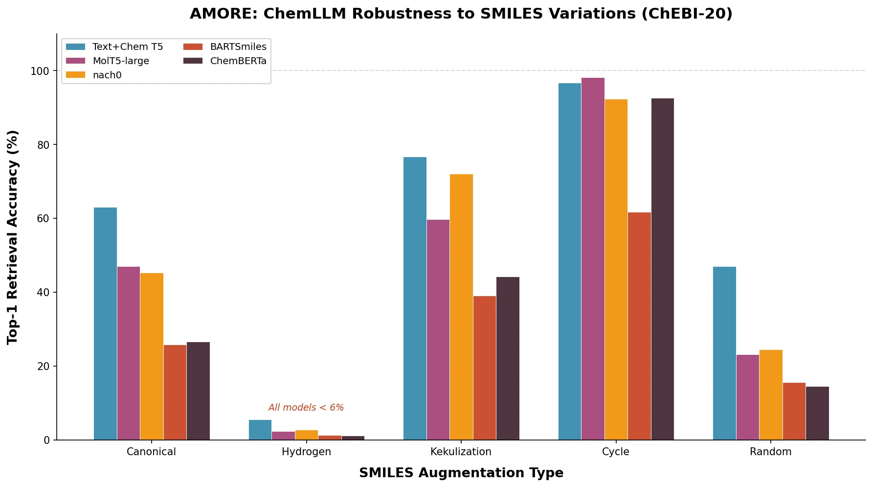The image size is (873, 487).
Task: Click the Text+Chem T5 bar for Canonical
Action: pos(105,324)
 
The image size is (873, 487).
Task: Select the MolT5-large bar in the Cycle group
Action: pos(593,259)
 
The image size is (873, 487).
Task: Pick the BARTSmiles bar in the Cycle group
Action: pos(639,326)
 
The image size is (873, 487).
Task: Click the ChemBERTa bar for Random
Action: pos(817,413)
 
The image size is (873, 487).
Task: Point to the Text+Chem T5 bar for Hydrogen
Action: pos(260,430)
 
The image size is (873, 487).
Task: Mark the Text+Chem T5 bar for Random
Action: pos(724,353)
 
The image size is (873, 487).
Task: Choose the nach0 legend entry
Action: pos(107,75)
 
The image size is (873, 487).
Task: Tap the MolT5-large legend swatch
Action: pos(76,61)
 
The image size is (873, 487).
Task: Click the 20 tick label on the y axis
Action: pos(43,367)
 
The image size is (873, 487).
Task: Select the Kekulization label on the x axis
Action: pos(461,452)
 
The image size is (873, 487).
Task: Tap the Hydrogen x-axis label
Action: pos(306,452)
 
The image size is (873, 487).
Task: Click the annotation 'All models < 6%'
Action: pos(306,408)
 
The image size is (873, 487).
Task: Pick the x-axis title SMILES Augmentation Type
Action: pos(461,473)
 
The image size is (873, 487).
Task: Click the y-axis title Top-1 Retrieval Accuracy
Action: pos(13,237)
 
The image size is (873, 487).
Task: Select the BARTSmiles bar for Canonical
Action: pos(175,392)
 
